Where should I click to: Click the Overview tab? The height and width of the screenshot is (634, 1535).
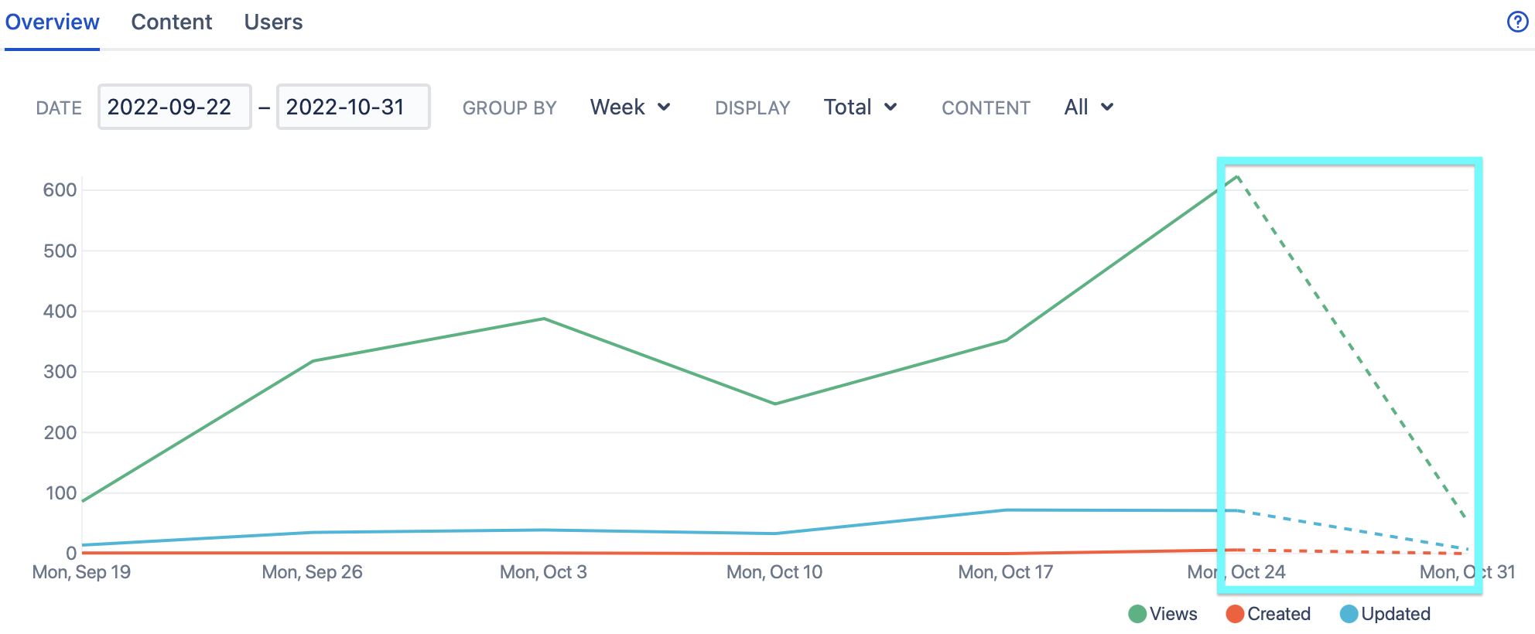click(52, 22)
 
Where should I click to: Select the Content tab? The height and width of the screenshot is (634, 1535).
click(171, 22)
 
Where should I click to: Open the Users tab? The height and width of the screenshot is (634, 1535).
click(273, 22)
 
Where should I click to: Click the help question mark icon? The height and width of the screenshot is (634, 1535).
click(1517, 22)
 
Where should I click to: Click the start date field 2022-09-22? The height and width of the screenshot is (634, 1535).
click(174, 107)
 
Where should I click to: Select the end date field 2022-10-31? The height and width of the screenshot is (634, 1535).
click(353, 107)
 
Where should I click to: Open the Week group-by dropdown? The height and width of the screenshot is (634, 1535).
click(630, 107)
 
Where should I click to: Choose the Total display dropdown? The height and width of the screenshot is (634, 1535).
click(860, 107)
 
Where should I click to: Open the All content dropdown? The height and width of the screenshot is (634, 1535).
click(1088, 107)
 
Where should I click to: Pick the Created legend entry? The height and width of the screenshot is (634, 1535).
click(1269, 614)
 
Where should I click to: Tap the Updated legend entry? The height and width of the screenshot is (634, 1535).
click(1386, 614)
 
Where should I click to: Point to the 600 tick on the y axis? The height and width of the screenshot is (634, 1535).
click(60, 190)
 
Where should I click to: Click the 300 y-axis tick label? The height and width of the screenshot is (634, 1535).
click(60, 372)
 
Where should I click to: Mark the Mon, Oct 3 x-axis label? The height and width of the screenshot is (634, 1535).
click(543, 572)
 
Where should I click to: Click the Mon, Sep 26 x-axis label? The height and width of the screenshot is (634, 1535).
click(312, 572)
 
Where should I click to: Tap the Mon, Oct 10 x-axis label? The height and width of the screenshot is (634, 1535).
click(774, 572)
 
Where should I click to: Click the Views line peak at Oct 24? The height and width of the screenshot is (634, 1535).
click(1237, 177)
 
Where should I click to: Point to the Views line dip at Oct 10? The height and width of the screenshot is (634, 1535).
click(775, 404)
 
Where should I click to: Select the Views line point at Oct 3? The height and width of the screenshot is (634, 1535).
click(544, 319)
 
